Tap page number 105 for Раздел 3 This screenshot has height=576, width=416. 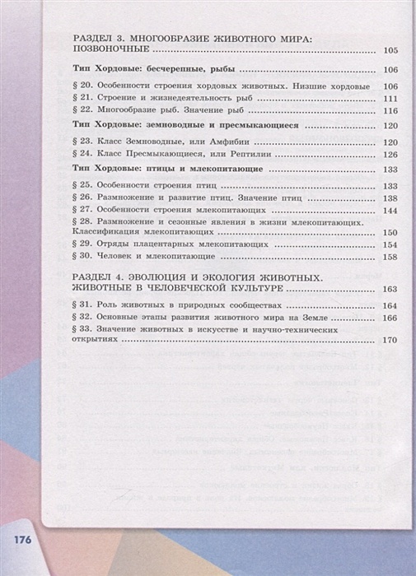click(x=390, y=51)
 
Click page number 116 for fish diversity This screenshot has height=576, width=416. click(x=390, y=111)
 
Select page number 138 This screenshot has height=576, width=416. click(x=390, y=198)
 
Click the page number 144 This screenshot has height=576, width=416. click(x=390, y=211)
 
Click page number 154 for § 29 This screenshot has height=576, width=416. click(x=390, y=245)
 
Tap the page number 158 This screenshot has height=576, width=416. click(x=390, y=258)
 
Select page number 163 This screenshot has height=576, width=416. click(x=390, y=290)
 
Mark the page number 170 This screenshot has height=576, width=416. click(x=390, y=341)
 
